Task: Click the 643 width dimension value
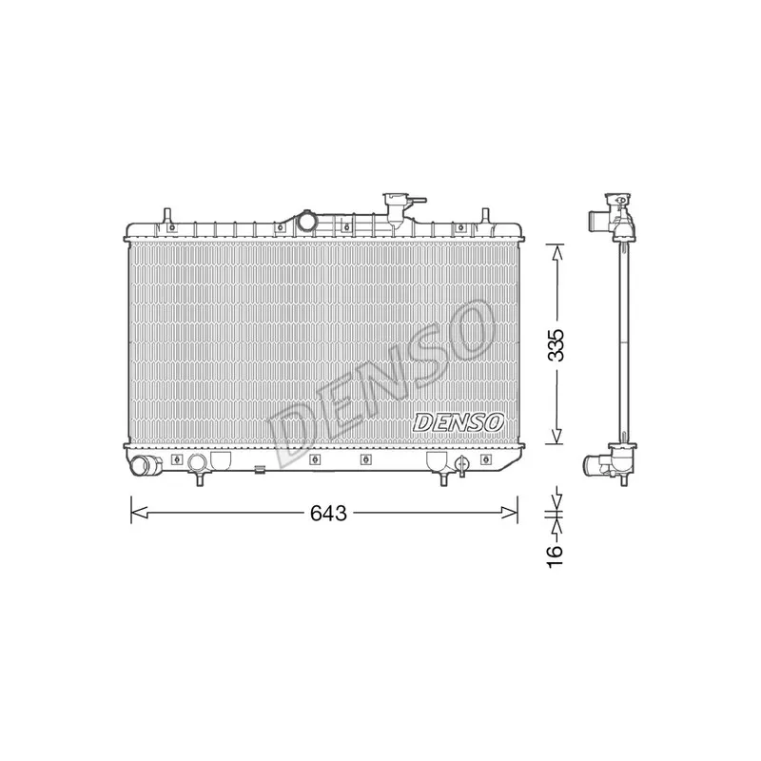[328, 513]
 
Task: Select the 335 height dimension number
[556, 345]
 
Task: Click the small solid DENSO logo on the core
[459, 422]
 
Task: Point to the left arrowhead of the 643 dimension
[139, 512]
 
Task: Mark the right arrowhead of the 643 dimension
[510, 512]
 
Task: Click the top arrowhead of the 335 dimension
[557, 253]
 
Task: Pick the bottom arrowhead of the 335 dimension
[557, 436]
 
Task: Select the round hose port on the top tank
[306, 221]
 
